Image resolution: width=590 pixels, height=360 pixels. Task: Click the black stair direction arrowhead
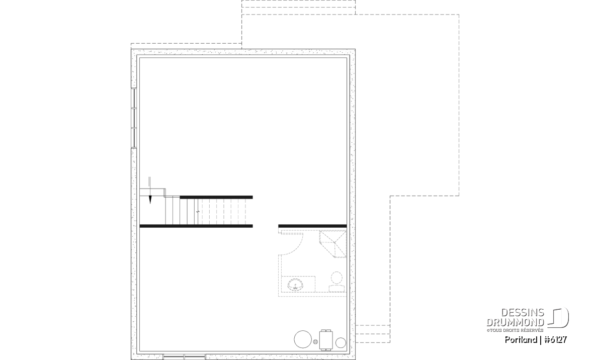point(150,200)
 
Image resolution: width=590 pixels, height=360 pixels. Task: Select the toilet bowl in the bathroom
point(337,277)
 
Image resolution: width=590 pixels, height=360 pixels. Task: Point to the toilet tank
point(337,289)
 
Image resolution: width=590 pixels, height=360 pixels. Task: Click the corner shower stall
point(332,244)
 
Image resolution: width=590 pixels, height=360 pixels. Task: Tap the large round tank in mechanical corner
point(302,339)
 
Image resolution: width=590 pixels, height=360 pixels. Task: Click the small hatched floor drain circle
point(316,342)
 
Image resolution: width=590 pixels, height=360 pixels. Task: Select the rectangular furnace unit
point(326,340)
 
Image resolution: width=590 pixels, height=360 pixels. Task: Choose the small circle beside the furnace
point(341,343)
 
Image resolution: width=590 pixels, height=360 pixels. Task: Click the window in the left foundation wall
point(134,118)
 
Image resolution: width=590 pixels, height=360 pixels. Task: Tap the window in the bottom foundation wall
point(185,356)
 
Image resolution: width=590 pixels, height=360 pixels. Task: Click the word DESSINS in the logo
point(522,313)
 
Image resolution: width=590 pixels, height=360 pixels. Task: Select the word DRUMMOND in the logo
point(516,322)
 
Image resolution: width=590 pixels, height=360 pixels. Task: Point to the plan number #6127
point(555,340)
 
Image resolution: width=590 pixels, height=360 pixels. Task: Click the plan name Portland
point(521,340)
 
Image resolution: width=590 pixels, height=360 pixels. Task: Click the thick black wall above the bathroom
point(312,226)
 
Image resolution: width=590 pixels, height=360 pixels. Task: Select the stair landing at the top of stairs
point(152,192)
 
